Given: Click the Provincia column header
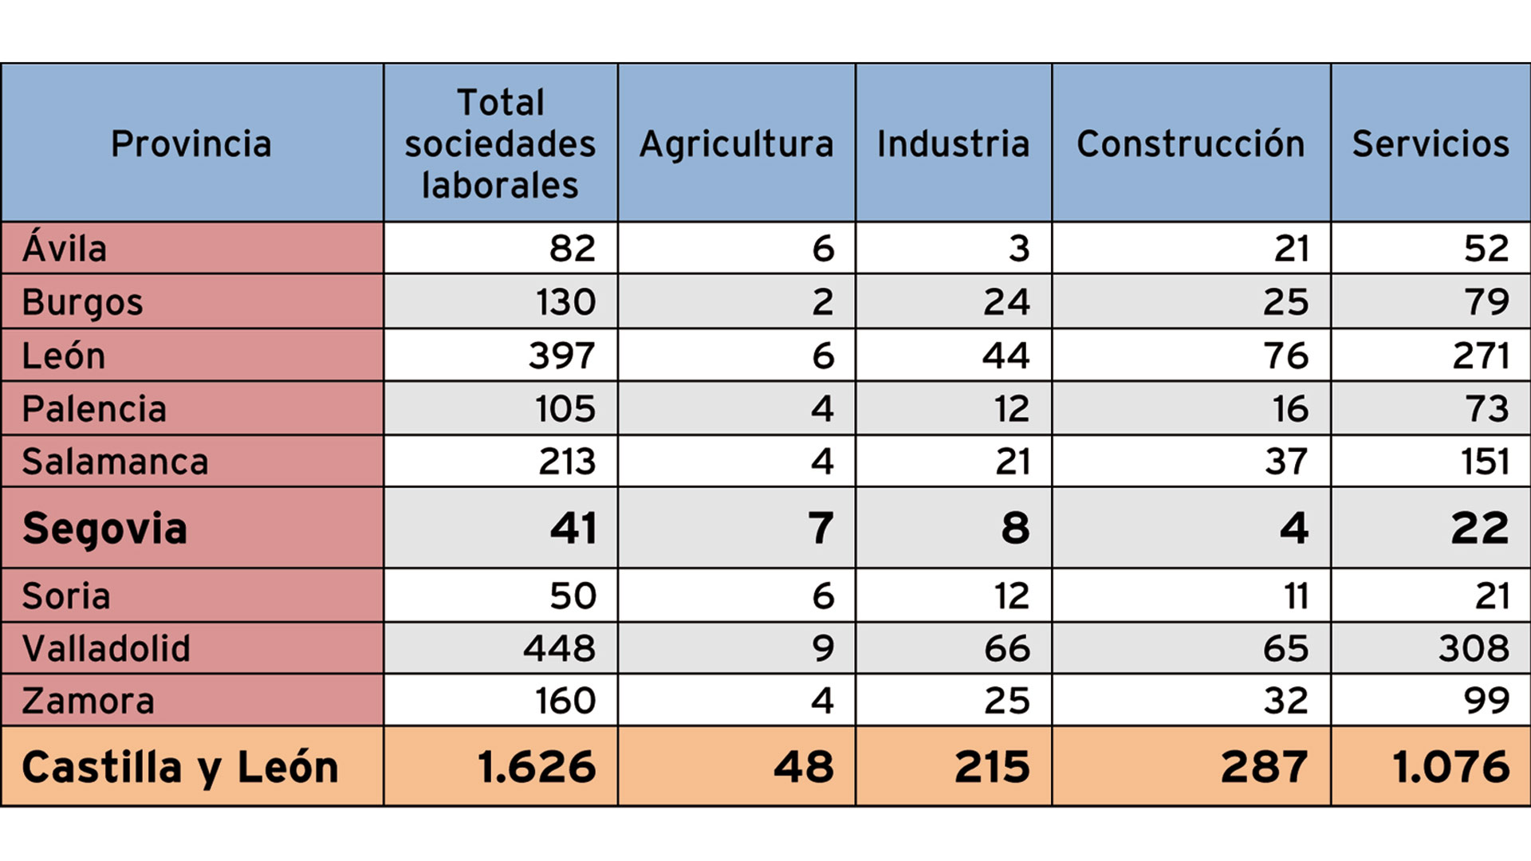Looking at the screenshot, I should click(191, 144).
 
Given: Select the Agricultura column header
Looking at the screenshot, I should click(736, 144).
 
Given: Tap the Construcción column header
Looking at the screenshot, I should click(1191, 144).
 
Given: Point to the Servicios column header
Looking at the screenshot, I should click(1431, 144).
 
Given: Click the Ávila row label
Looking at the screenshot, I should click(65, 248).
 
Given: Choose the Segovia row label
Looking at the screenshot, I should click(104, 529).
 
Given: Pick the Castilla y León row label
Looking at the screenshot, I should click(180, 767).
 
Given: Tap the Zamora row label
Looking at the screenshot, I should click(88, 701).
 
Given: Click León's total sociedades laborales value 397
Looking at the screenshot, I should click(562, 356).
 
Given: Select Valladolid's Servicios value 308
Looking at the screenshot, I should click(1474, 648).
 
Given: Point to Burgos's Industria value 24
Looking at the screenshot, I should click(1006, 302).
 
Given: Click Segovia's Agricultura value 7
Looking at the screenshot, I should click(821, 529).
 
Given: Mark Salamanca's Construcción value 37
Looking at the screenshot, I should click(1285, 462).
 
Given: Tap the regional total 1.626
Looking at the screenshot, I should click(537, 767).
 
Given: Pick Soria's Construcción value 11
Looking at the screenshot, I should click(1296, 596).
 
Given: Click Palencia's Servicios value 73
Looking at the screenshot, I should click(1486, 409).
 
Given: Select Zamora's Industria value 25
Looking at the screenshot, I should click(1006, 701).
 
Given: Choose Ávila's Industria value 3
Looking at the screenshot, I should click(1018, 248).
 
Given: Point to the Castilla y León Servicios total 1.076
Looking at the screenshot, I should click(1450, 767).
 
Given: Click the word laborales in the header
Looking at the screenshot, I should click(500, 186).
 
